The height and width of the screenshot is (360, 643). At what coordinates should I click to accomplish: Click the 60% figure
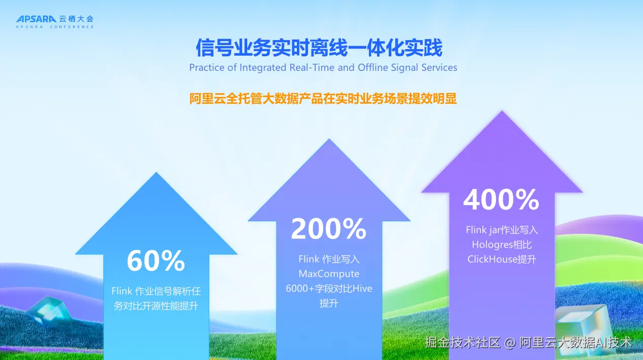point(156,260)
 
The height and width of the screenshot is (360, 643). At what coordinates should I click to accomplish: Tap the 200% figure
point(329,228)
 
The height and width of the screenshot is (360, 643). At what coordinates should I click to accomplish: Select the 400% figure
point(501,199)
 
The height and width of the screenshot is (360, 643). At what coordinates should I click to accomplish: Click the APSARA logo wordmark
point(36,19)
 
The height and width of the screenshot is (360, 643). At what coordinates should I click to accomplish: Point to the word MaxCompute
point(329,273)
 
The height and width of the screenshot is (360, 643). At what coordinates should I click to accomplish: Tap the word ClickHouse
point(493,259)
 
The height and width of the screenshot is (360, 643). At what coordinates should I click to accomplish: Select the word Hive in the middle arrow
point(362,288)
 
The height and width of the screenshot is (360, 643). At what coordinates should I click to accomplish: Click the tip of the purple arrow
point(502,111)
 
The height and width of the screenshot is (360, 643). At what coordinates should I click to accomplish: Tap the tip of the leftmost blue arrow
point(156,173)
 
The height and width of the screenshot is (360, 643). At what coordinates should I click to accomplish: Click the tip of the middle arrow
point(329,139)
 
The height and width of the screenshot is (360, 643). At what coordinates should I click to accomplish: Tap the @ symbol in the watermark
point(510,343)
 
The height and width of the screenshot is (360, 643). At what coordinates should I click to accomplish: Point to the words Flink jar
point(483,230)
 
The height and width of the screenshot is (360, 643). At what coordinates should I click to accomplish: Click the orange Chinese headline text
point(323,99)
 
